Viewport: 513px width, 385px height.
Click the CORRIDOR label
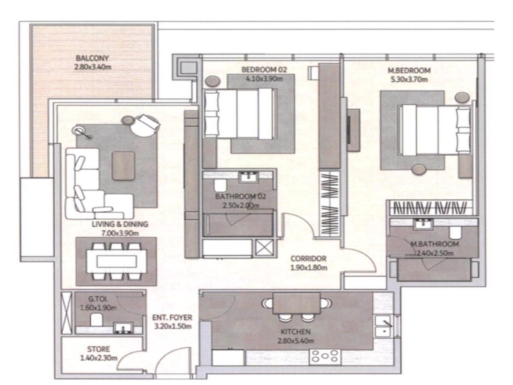(308, 259)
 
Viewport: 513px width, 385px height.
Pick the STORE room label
(98, 349)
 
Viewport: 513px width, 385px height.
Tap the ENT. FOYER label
(172, 318)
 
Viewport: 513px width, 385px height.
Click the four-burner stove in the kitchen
(325, 356)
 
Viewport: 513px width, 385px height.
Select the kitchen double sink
(385, 326)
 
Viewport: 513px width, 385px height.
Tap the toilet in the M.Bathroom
(455, 233)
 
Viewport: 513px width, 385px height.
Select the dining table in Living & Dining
(116, 261)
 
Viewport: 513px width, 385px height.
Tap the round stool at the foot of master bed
(419, 169)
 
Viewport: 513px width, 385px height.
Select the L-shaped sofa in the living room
(92, 188)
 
